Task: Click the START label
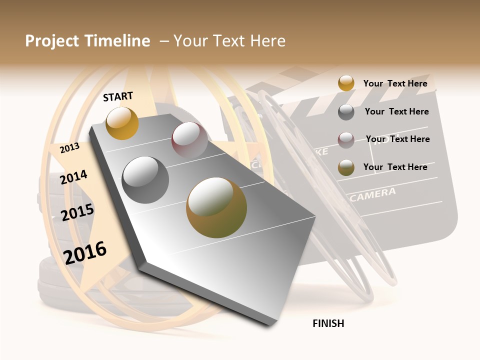click(118, 96)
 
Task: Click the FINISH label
click(328, 323)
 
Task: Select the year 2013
click(69, 147)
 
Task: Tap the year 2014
click(73, 177)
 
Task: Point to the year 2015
click(77, 212)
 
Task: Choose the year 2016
click(85, 252)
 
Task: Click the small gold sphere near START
click(122, 123)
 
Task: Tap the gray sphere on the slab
click(145, 179)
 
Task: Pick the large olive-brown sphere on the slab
click(216, 207)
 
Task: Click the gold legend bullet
click(346, 83)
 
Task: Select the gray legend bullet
click(346, 112)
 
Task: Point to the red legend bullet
click(346, 140)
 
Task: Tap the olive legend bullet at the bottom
click(346, 167)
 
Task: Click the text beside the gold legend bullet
click(395, 83)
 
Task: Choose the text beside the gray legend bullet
click(396, 111)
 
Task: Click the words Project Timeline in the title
click(87, 41)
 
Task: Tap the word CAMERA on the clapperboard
click(372, 195)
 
